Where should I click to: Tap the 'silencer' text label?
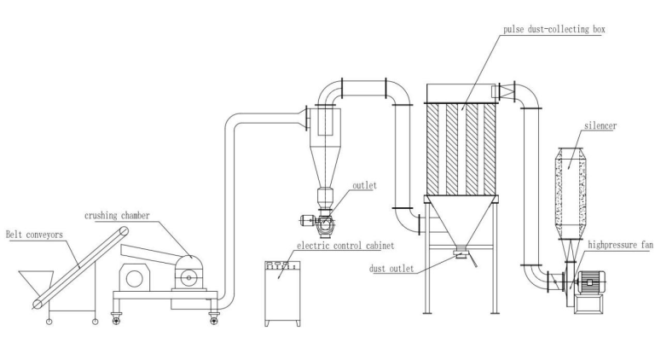click(600, 125)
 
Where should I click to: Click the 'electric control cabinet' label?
click(345, 245)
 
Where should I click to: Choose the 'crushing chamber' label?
click(117, 216)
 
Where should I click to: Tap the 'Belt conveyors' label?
click(33, 233)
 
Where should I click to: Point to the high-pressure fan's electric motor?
click(595, 286)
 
